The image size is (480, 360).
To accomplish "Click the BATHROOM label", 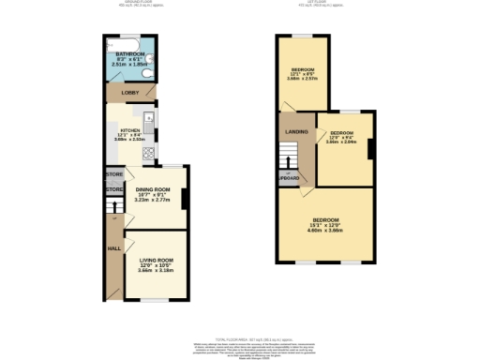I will pos(130,55).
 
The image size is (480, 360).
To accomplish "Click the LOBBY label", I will pos(130,93).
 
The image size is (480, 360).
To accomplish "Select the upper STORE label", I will pos(114,174).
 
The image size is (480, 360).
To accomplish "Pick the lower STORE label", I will pos(114,190).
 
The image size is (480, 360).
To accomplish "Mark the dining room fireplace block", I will pos(185,198).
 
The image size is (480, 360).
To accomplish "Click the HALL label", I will pos(114,248).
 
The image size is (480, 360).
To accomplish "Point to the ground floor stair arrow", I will pos(113,217).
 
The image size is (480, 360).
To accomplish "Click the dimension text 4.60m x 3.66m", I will pos(326,231).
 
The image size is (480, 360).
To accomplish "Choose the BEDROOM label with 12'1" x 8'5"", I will pos(302,70).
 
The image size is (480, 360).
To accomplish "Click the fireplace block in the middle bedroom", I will pos(372,147).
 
